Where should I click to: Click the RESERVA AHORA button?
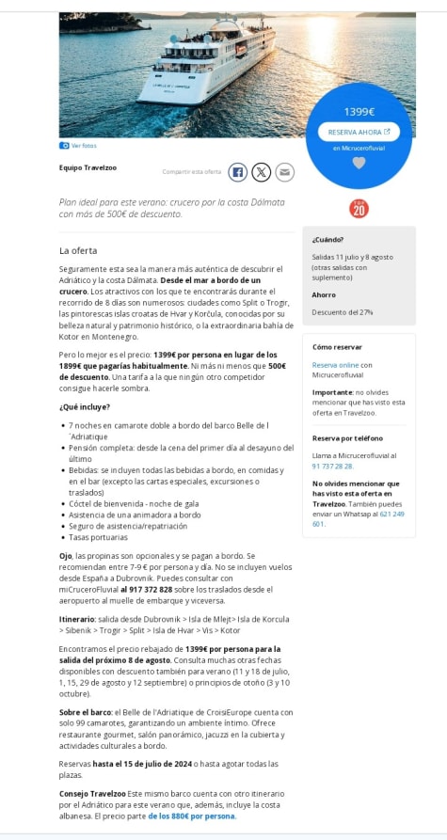(359, 132)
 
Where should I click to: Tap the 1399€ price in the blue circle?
(359, 112)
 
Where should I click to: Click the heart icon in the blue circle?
(359, 163)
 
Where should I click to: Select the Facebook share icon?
(238, 171)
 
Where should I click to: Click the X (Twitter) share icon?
(262, 171)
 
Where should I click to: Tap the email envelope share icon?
(284, 171)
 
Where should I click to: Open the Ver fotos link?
(83, 146)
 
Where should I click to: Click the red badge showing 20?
(359, 209)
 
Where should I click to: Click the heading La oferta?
(78, 250)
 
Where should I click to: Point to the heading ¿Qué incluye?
(85, 406)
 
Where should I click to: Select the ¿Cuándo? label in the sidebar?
(327, 240)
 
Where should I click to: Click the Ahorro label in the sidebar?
(324, 294)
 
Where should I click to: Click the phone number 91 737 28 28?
(332, 466)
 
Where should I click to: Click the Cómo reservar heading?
(337, 347)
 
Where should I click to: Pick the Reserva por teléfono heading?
(347, 438)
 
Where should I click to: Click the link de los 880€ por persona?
(191, 816)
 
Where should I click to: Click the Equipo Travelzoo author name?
(88, 167)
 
